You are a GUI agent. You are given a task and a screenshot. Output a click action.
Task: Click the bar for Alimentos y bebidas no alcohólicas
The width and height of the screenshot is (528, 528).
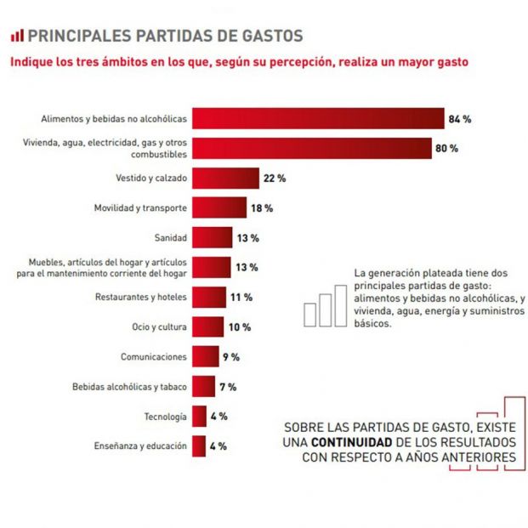tap(318, 118)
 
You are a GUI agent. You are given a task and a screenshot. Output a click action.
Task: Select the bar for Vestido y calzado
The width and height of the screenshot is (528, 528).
tap(224, 178)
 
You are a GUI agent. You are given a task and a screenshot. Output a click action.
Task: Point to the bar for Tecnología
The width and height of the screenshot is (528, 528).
tap(199, 416)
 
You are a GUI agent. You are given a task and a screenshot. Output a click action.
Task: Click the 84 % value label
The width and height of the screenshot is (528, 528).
tap(461, 118)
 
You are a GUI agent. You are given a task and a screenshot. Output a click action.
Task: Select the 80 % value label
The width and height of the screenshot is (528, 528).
tap(447, 148)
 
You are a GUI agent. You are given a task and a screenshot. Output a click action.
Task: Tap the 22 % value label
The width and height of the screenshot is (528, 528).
tap(275, 178)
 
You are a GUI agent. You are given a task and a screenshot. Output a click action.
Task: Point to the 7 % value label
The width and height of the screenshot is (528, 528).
tap(227, 387)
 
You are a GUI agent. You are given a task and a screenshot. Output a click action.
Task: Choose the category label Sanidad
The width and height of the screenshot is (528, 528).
tap(168, 238)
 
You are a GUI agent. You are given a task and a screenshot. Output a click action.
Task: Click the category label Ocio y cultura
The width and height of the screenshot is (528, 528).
tap(157, 327)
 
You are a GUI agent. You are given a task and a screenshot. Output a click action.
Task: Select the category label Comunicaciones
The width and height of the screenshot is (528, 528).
tap(151, 357)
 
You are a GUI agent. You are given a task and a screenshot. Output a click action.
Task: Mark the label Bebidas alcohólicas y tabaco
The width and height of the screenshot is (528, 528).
tap(129, 387)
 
